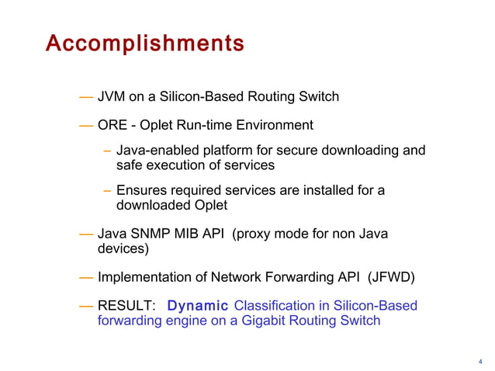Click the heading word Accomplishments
pyautogui.click(x=145, y=43)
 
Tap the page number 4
pyautogui.click(x=480, y=361)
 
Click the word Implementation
pyautogui.click(x=145, y=276)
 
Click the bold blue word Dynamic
pyautogui.click(x=198, y=305)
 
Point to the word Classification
pyautogui.click(x=275, y=305)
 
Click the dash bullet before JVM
pyautogui.click(x=86, y=97)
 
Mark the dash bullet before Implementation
pyautogui.click(x=86, y=276)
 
